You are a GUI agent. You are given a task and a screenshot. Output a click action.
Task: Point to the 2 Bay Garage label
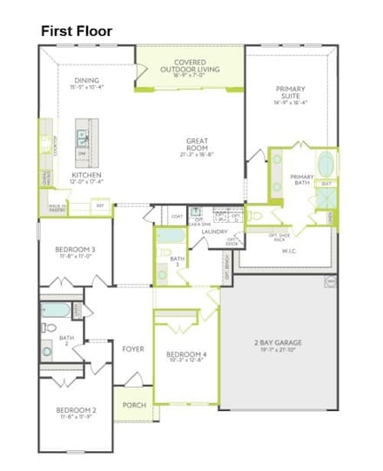(278, 345)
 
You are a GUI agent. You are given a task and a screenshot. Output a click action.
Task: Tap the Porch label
(134, 405)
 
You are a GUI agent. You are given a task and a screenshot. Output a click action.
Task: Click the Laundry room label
(214, 232)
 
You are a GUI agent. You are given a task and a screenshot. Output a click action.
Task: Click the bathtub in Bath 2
(54, 310)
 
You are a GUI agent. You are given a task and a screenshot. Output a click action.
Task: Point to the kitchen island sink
(84, 138)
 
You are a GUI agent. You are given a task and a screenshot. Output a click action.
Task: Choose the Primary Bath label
(302, 179)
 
